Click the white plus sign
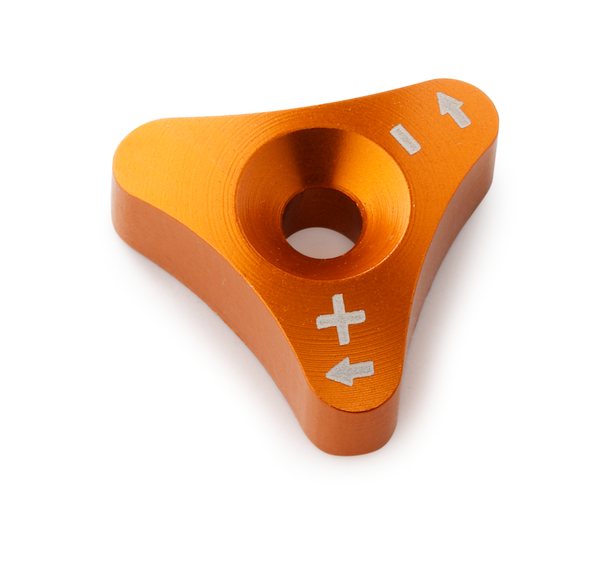coord(341,319)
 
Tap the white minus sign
coord(405,139)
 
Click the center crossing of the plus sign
coord(341,319)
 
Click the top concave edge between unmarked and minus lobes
coord(302,108)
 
